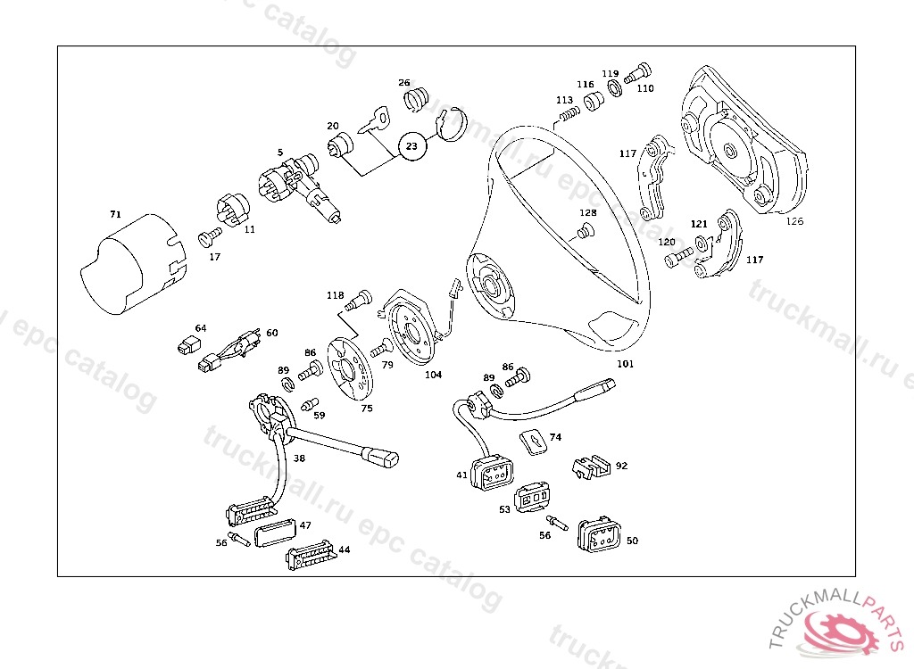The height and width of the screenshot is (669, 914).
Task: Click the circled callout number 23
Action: [x=412, y=145]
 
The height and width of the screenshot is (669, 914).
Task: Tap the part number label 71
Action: [x=115, y=215]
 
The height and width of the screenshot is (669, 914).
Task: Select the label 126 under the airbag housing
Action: [x=794, y=222]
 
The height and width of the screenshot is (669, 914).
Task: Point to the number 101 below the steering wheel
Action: [x=626, y=364]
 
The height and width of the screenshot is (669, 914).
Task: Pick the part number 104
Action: [x=433, y=375]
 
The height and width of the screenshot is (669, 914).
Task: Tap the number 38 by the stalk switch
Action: [x=299, y=458]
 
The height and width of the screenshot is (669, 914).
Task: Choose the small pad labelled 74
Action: [x=532, y=441]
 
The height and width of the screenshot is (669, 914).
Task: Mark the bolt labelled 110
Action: [x=640, y=70]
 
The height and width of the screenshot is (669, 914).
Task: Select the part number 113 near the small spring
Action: [x=564, y=100]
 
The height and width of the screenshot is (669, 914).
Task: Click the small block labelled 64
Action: [x=187, y=344]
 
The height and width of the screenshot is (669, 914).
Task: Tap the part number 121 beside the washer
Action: [x=699, y=223]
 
